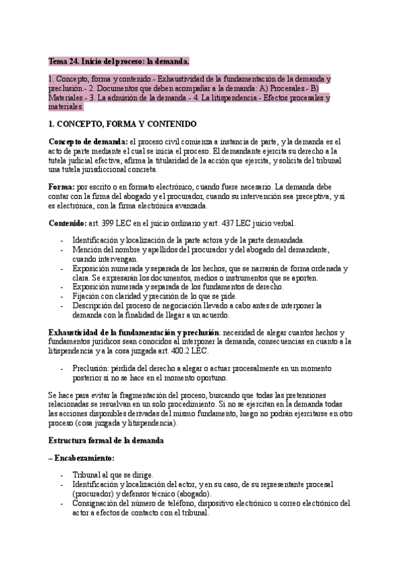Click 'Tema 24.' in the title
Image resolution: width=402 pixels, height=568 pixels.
[63, 61]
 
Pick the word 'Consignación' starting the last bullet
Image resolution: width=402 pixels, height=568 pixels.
[97, 502]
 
